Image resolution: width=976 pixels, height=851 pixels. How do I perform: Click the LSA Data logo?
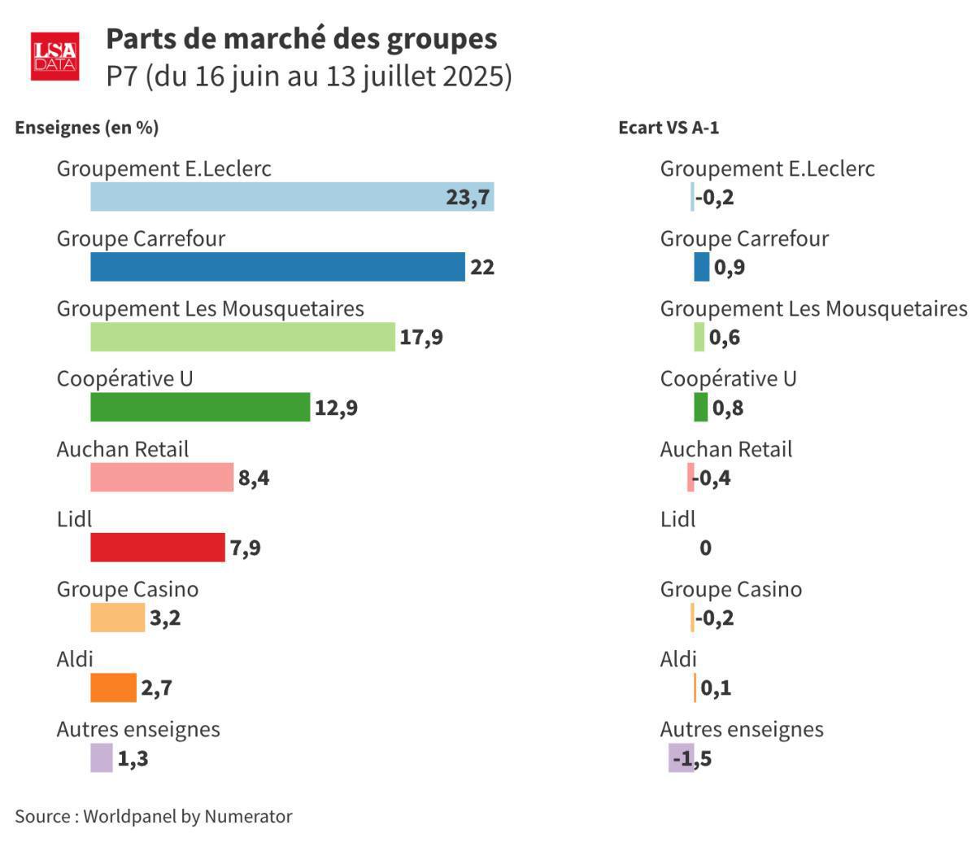[54, 56]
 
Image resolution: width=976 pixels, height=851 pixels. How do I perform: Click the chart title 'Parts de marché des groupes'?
[301, 39]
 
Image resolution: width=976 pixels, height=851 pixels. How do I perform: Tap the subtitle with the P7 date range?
[309, 76]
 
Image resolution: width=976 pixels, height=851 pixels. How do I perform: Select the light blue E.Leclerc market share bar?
[292, 197]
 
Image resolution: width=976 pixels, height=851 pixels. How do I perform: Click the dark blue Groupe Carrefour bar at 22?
[277, 267]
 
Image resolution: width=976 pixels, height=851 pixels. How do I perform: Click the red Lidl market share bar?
[157, 548]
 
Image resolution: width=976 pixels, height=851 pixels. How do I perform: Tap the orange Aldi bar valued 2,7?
[113, 687]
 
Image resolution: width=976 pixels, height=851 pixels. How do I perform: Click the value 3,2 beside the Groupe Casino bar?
[165, 618]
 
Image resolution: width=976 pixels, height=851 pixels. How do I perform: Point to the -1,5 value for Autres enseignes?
[692, 758]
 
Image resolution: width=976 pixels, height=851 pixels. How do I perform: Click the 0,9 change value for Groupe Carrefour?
[730, 268]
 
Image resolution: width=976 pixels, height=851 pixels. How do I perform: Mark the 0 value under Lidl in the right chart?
[705, 548]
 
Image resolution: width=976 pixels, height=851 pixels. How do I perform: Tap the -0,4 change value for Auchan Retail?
[712, 478]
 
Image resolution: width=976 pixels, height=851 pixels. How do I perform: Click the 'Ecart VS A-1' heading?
[669, 128]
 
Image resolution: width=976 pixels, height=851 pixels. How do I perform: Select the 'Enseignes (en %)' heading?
[87, 128]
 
